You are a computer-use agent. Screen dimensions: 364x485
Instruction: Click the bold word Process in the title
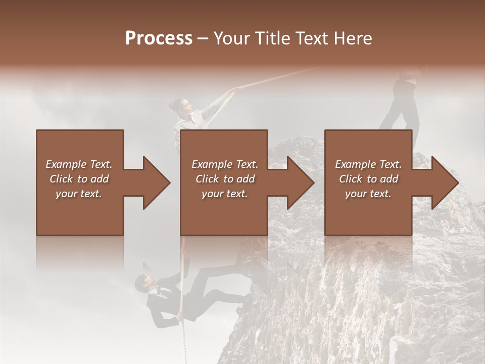click(x=159, y=38)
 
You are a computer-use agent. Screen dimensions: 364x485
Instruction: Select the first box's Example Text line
click(x=79, y=164)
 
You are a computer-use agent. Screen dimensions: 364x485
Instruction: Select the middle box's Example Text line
click(x=225, y=164)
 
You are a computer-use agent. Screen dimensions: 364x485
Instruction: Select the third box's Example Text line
click(x=368, y=164)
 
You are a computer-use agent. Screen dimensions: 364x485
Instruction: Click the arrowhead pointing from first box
click(x=155, y=183)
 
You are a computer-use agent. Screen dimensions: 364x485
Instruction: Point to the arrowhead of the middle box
click(x=299, y=183)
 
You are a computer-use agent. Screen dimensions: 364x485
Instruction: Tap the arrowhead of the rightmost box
click(x=444, y=183)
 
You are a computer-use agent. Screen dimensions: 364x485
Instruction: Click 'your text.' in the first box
click(x=79, y=193)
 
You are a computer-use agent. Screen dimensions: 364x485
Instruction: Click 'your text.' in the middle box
click(x=225, y=193)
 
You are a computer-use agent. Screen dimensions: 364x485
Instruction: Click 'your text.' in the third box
click(x=368, y=193)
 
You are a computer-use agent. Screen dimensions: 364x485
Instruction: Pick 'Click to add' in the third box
click(x=368, y=179)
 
